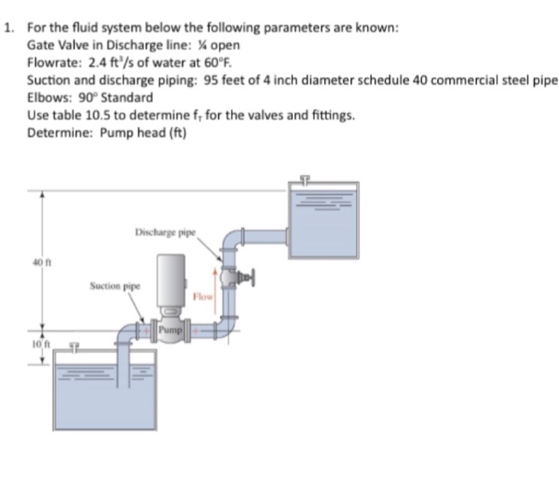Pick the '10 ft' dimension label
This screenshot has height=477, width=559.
(37, 344)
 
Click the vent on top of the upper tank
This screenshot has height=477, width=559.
(304, 181)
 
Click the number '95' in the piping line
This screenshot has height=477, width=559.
(190, 80)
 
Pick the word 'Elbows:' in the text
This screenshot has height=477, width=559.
(47, 97)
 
